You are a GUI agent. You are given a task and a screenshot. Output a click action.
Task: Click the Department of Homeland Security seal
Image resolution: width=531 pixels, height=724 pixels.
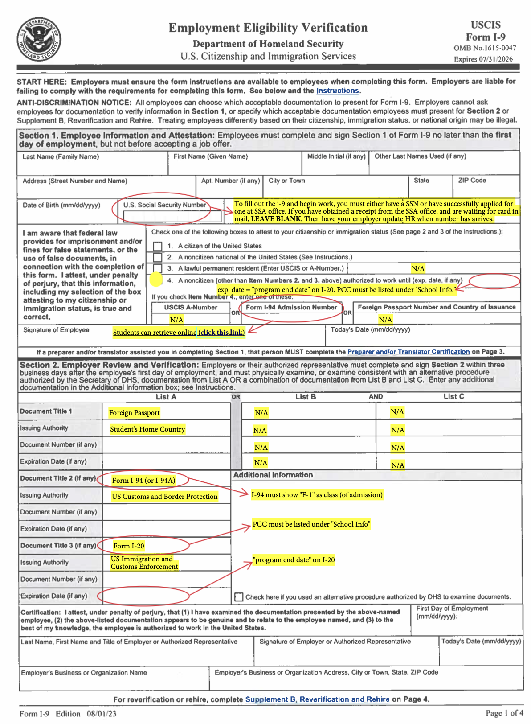(39, 40)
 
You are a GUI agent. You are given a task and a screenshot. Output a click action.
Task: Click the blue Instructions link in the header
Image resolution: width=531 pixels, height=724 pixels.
(337, 91)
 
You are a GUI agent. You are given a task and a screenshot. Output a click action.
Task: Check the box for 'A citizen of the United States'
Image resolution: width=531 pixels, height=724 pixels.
(157, 246)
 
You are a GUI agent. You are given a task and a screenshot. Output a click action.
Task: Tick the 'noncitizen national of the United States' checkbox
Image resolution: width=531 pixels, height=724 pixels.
(157, 258)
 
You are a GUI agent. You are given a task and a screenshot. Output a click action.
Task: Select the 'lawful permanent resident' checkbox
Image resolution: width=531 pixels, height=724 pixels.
(157, 268)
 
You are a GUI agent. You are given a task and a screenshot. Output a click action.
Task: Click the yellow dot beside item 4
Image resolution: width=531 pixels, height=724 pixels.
(156, 280)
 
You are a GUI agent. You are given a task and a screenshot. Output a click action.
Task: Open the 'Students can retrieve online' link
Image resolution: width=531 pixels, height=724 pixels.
(179, 333)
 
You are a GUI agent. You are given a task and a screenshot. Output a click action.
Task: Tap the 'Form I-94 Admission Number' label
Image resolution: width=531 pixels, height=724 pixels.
(291, 308)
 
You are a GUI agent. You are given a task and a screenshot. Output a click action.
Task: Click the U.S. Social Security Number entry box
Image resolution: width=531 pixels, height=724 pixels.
(172, 217)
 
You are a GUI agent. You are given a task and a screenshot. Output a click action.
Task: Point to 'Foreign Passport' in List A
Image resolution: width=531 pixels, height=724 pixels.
(134, 413)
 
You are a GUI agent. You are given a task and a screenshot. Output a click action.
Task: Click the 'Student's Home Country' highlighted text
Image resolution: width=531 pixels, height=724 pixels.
(147, 429)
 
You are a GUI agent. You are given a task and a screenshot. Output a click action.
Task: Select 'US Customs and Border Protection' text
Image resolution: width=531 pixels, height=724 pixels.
(164, 497)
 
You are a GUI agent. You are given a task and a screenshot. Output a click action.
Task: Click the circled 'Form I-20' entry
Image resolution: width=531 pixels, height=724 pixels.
(129, 546)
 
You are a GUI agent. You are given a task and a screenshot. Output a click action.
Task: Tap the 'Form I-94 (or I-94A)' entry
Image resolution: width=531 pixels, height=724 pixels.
(143, 481)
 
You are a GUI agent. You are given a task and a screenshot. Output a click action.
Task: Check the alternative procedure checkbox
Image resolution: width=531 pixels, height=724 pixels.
(239, 597)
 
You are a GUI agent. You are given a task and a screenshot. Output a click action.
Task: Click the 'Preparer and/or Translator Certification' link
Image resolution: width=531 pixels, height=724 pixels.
(408, 352)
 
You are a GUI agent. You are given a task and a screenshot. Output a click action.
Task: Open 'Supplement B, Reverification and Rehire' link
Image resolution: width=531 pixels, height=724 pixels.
(317, 699)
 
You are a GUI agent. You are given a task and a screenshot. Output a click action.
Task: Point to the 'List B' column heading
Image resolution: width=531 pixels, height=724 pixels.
(306, 397)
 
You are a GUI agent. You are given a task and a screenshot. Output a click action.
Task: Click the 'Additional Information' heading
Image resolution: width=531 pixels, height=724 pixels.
(273, 475)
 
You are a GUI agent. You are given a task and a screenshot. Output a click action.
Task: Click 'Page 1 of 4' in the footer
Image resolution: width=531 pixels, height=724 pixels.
(504, 713)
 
